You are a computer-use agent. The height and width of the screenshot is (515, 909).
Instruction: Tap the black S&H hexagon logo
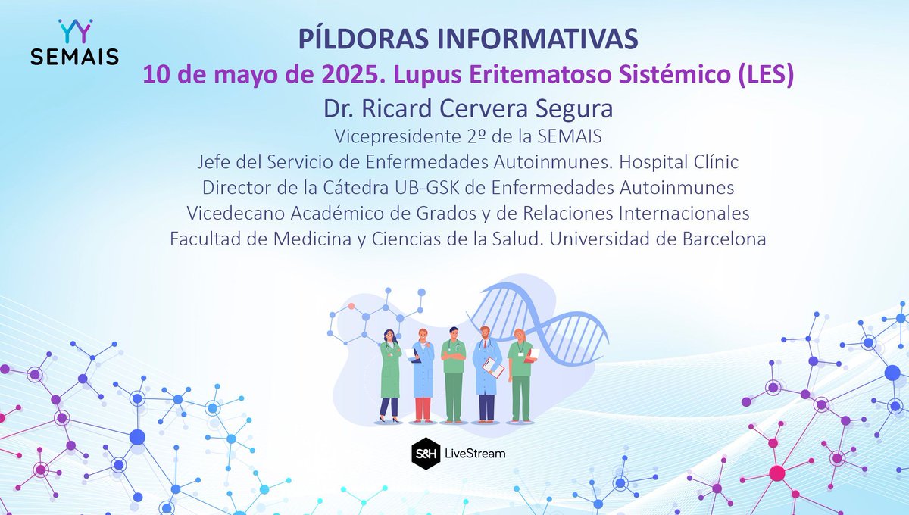(421, 452)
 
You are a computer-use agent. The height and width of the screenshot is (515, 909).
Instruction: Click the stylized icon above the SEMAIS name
(75, 31)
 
